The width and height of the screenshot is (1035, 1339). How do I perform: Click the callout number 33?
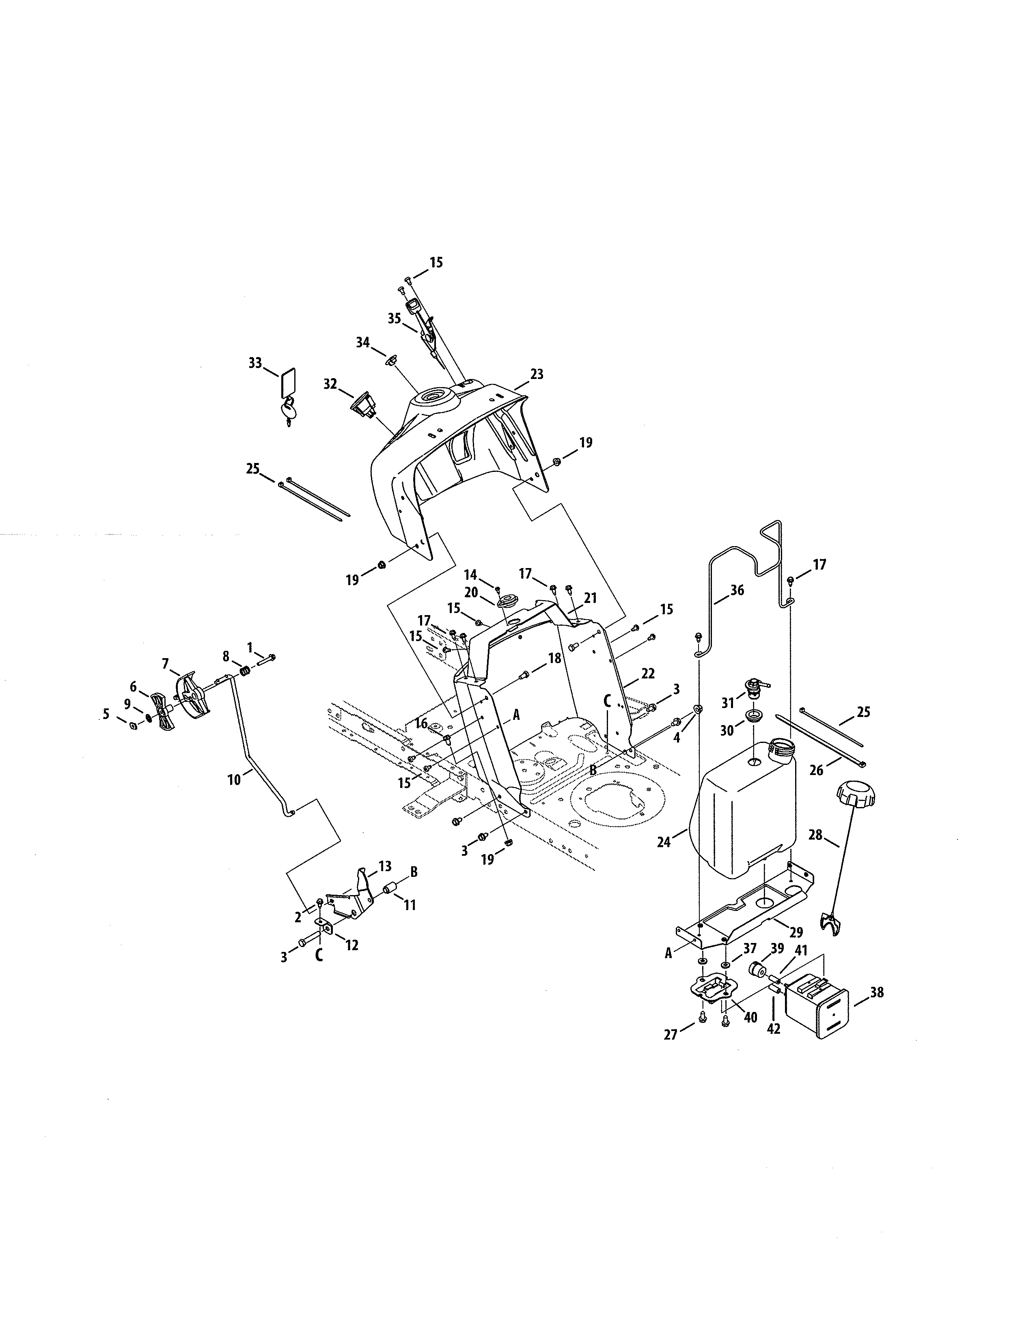(x=255, y=363)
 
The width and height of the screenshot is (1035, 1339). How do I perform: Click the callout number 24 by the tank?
(x=664, y=842)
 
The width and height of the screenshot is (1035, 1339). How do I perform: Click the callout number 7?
(x=166, y=663)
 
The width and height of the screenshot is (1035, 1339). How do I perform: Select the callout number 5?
(x=106, y=714)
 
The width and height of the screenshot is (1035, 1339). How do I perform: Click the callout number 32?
(x=330, y=384)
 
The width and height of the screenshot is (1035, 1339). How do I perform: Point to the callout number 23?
(x=537, y=374)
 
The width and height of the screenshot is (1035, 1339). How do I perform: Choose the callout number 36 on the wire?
(x=737, y=590)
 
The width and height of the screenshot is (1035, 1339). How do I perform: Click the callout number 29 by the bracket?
(x=796, y=932)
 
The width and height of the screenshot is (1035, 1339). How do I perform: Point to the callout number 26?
(x=816, y=770)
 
